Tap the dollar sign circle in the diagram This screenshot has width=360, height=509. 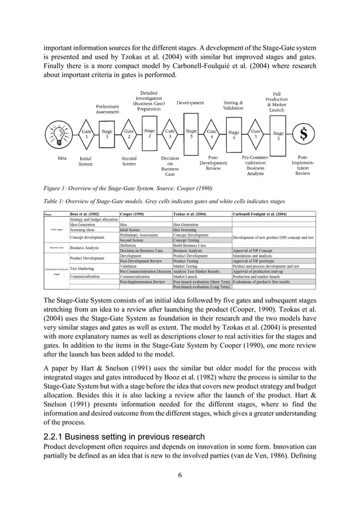pyautogui.click(x=304, y=134)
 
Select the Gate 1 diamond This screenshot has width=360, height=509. pyautogui.click(x=86, y=134)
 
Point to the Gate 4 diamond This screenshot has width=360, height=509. pyautogui.click(x=212, y=134)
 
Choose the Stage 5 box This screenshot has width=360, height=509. pyautogui.click(x=278, y=134)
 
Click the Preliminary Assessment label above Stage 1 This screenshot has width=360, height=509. pyautogui.click(x=107, y=109)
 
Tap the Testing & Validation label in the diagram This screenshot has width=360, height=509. pyautogui.click(x=230, y=106)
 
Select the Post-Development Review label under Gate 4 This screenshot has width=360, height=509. pyautogui.click(x=213, y=163)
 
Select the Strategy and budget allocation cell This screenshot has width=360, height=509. pyautogui.click(x=93, y=219)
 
